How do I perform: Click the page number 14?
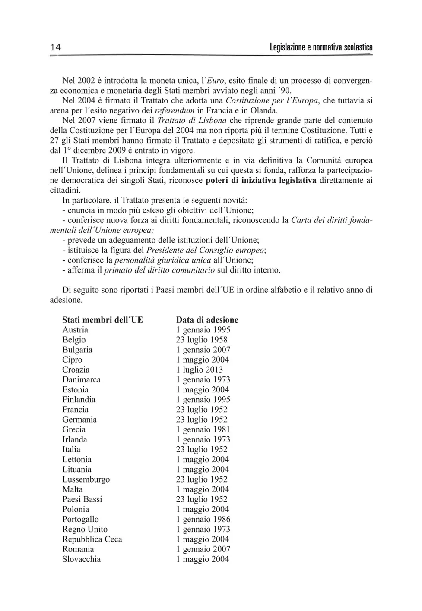pyautogui.click(x=55, y=47)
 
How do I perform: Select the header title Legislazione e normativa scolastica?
pyautogui.click(x=321, y=47)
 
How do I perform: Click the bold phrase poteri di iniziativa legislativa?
pyautogui.click(x=261, y=180)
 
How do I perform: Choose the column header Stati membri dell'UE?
pyautogui.click(x=102, y=320)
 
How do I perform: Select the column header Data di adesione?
pyautogui.click(x=207, y=320)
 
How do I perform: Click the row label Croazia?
pyautogui.click(x=76, y=370)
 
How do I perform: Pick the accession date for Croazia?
pyautogui.click(x=199, y=370)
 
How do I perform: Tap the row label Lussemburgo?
pyautogui.click(x=86, y=479)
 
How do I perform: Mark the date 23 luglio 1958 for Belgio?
pyautogui.click(x=201, y=340)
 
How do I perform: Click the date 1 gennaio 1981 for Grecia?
pyautogui.click(x=203, y=429)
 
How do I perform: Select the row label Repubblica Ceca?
pyautogui.click(x=92, y=539)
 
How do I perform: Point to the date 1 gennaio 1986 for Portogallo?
pyautogui.click(x=203, y=520)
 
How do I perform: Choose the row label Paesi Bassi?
pyautogui.click(x=82, y=499)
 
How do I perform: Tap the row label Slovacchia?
pyautogui.click(x=81, y=559)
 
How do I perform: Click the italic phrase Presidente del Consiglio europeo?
pyautogui.click(x=206, y=251)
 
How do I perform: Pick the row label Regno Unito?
pyautogui.click(x=85, y=530)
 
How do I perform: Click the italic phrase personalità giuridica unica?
pyautogui.click(x=162, y=260)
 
